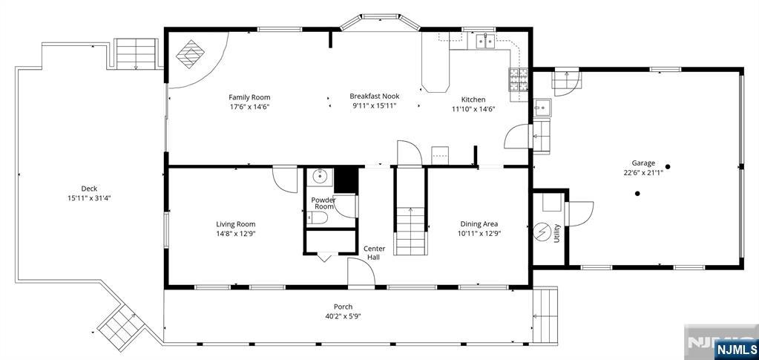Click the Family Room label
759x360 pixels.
point(249,97)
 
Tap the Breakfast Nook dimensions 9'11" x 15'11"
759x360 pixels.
point(374,106)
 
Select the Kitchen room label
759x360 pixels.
point(473,99)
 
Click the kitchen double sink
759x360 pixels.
point(486,42)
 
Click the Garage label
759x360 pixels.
point(643,163)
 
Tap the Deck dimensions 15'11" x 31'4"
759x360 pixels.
point(89,198)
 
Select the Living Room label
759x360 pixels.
point(236,224)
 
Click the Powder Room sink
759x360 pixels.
point(321,177)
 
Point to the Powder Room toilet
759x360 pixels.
point(317,217)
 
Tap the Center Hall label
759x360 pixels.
point(373,252)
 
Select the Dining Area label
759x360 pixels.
point(479,224)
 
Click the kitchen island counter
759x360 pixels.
point(436,71)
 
